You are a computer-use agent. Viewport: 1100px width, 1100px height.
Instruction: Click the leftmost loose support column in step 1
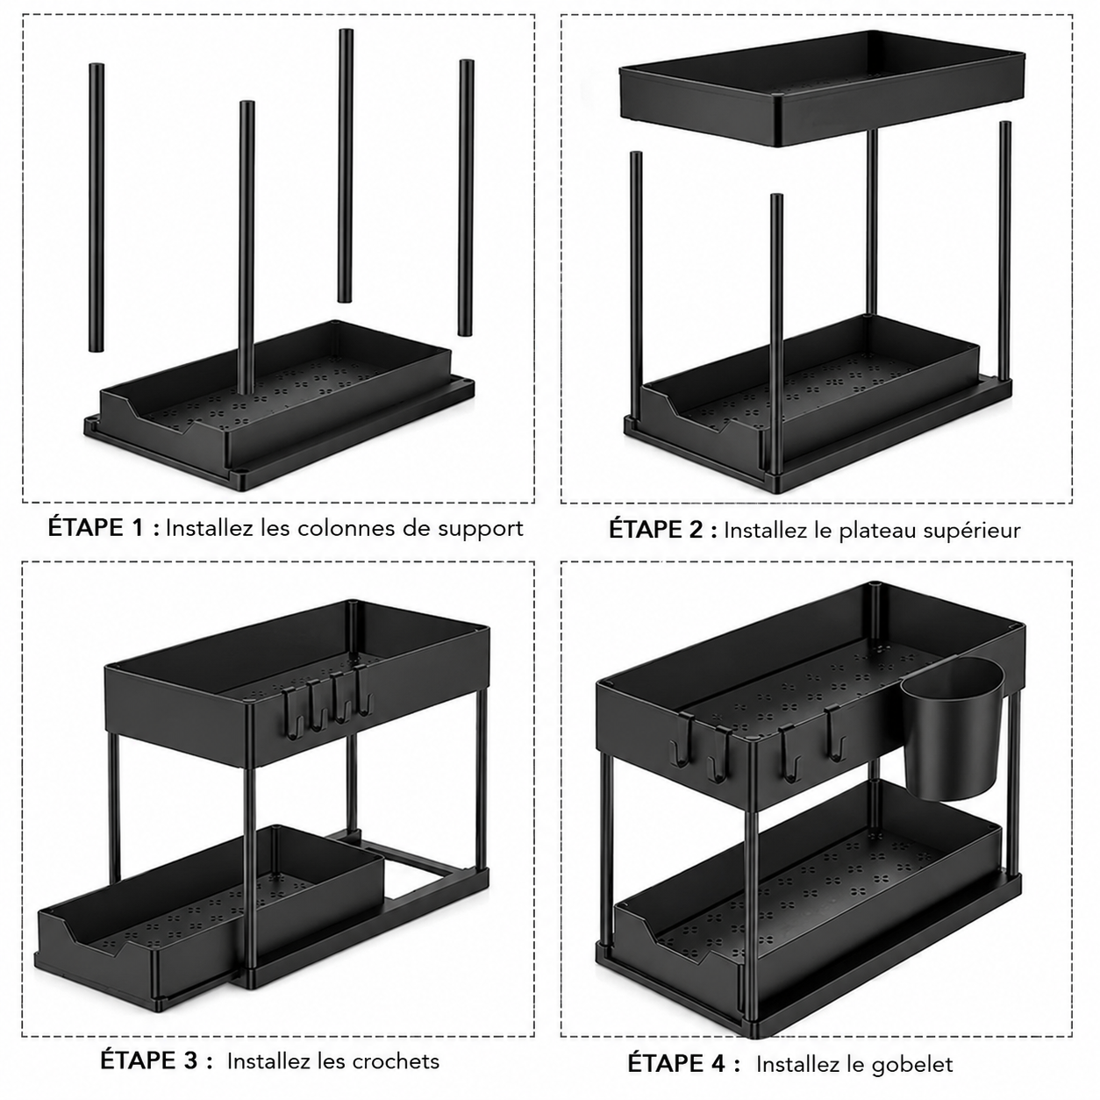(x=96, y=207)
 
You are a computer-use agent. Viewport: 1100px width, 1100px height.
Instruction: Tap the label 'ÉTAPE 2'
(x=656, y=529)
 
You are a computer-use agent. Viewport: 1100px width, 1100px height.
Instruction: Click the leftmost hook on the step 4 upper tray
(x=682, y=741)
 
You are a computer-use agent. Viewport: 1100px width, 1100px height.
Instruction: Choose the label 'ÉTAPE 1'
(x=95, y=527)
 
